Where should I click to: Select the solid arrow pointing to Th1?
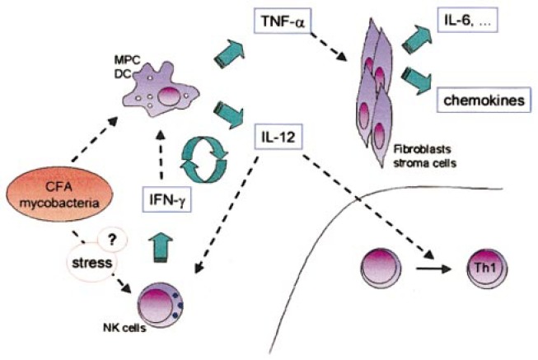(433, 269)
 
